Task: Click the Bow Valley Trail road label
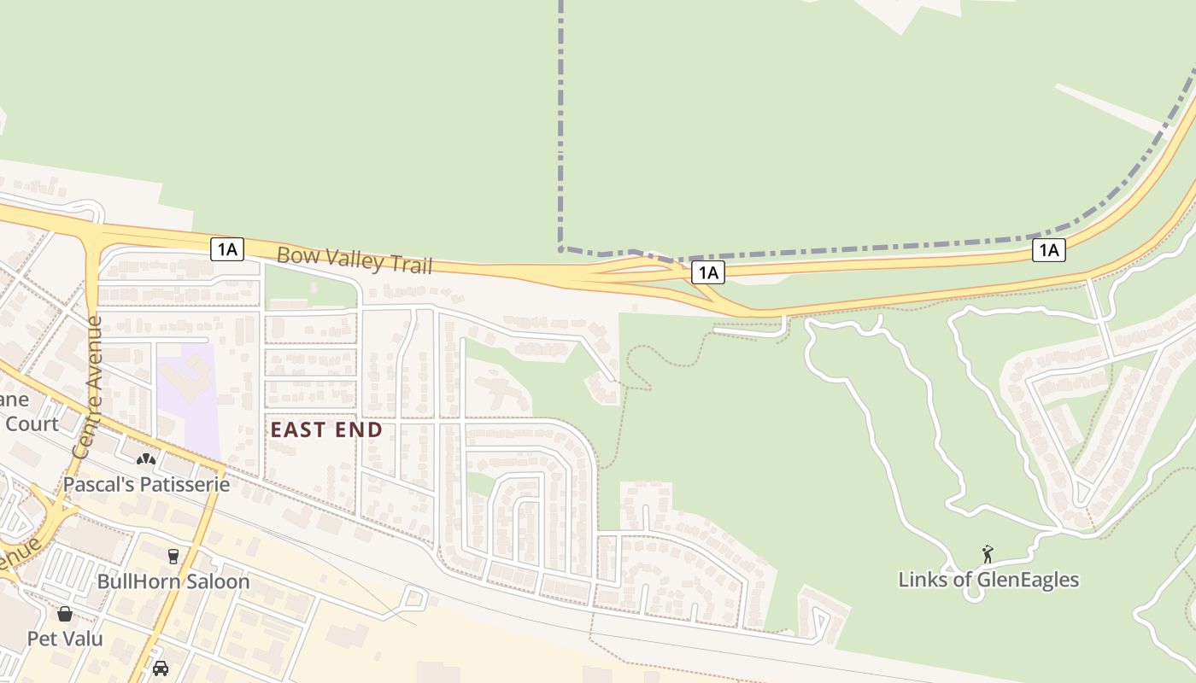pyautogui.click(x=354, y=260)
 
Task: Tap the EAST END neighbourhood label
pyautogui.click(x=326, y=429)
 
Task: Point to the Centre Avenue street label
pyautogui.click(x=88, y=387)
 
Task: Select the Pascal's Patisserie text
pyautogui.click(x=147, y=485)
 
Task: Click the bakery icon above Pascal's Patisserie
pyautogui.click(x=146, y=460)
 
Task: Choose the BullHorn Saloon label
pyautogui.click(x=173, y=581)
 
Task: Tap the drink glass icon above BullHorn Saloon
pyautogui.click(x=173, y=557)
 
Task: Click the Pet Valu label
pyautogui.click(x=65, y=639)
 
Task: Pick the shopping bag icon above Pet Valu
pyautogui.click(x=65, y=614)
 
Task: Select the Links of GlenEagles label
pyautogui.click(x=988, y=580)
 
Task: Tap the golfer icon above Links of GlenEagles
pyautogui.click(x=988, y=555)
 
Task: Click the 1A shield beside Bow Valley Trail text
pyautogui.click(x=227, y=249)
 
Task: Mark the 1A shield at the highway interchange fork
pyautogui.click(x=707, y=272)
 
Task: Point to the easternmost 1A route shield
pyautogui.click(x=1048, y=250)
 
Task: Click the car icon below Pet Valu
pyautogui.click(x=160, y=668)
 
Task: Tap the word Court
pyautogui.click(x=32, y=424)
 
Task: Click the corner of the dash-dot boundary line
pyautogui.click(x=560, y=249)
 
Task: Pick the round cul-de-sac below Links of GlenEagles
pyautogui.click(x=972, y=594)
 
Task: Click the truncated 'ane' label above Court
pyautogui.click(x=15, y=400)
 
